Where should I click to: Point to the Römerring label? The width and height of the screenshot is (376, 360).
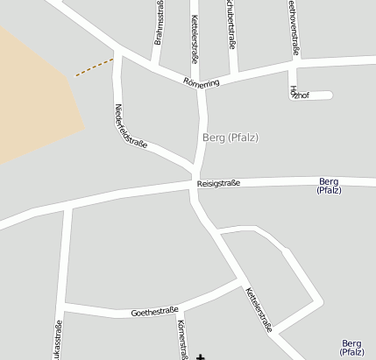pyautogui.click(x=201, y=81)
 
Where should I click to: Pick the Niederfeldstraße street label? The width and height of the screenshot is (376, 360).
pyautogui.click(x=131, y=126)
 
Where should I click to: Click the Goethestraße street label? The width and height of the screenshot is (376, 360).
pyautogui.click(x=154, y=311)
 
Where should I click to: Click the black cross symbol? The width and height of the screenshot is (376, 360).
pyautogui.click(x=202, y=356)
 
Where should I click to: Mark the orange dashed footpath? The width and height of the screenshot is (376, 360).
pyautogui.click(x=94, y=67)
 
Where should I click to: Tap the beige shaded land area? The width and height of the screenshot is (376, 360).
pyautogui.click(x=35, y=96)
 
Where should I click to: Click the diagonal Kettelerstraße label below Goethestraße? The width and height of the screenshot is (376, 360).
pyautogui.click(x=259, y=309)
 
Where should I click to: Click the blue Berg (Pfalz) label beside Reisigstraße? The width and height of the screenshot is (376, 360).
pyautogui.click(x=329, y=185)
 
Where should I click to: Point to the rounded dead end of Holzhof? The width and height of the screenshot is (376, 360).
pyautogui.click(x=330, y=95)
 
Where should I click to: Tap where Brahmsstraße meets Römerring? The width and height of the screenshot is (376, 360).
pyautogui.click(x=154, y=68)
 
